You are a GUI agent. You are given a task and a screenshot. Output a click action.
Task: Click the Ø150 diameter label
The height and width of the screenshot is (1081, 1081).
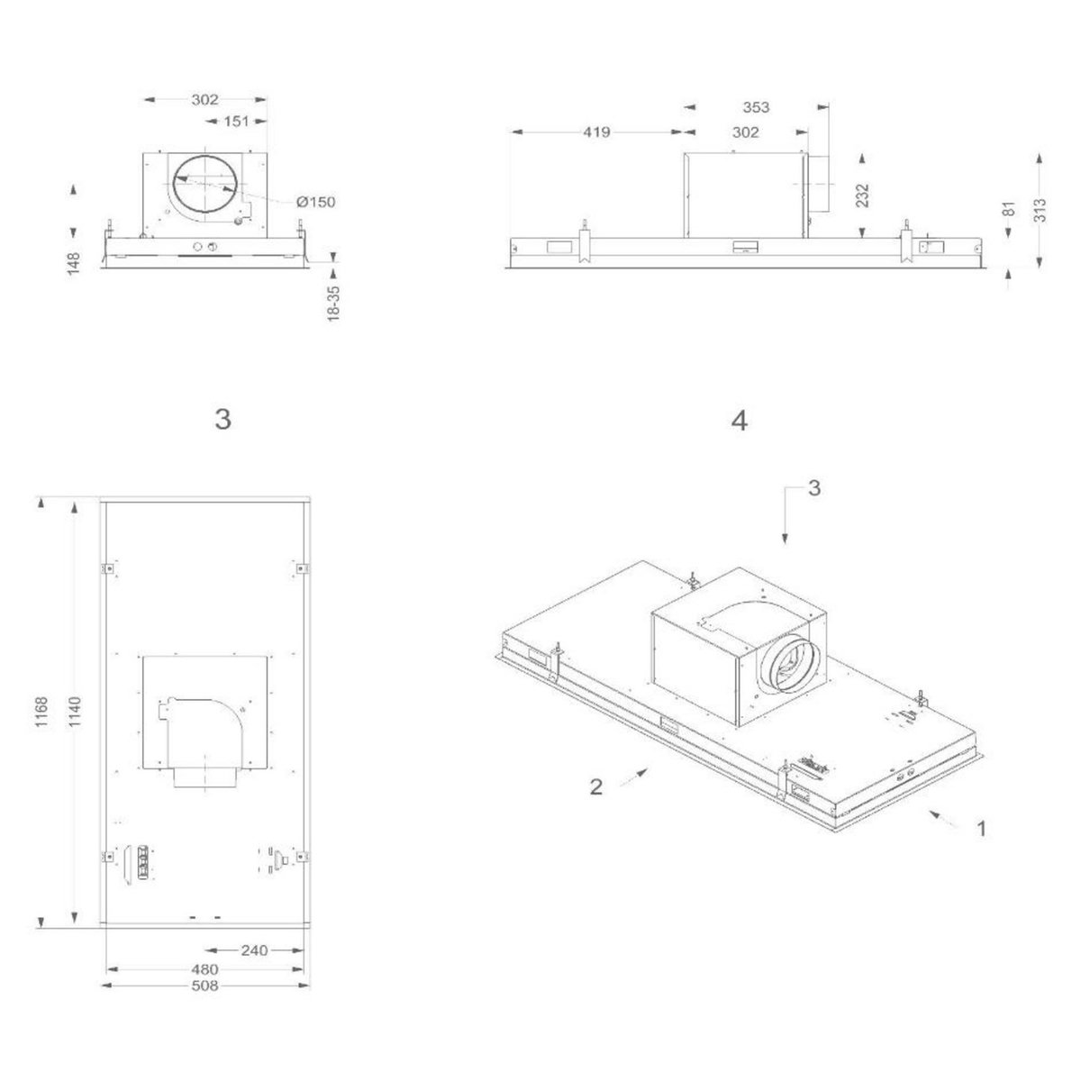316,202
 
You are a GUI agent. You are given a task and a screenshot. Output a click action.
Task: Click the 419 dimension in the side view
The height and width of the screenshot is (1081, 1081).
596,132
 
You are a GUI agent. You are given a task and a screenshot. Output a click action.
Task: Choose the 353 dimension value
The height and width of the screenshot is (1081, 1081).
756,107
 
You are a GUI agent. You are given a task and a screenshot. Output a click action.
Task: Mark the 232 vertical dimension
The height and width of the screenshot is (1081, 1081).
864,195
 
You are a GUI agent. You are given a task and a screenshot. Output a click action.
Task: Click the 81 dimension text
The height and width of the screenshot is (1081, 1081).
1009,209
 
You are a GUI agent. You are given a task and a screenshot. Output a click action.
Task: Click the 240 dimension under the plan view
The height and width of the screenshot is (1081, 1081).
255,949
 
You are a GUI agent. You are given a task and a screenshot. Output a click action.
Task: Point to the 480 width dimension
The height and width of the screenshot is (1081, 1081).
205,969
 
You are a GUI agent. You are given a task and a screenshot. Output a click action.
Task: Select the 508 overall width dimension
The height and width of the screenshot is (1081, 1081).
205,986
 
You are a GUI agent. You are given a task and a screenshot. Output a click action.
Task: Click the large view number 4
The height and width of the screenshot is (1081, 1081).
739,420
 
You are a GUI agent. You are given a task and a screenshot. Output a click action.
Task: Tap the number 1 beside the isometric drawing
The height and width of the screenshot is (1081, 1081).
981,827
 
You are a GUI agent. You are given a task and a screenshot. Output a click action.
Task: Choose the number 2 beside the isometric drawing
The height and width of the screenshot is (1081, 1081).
595,786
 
